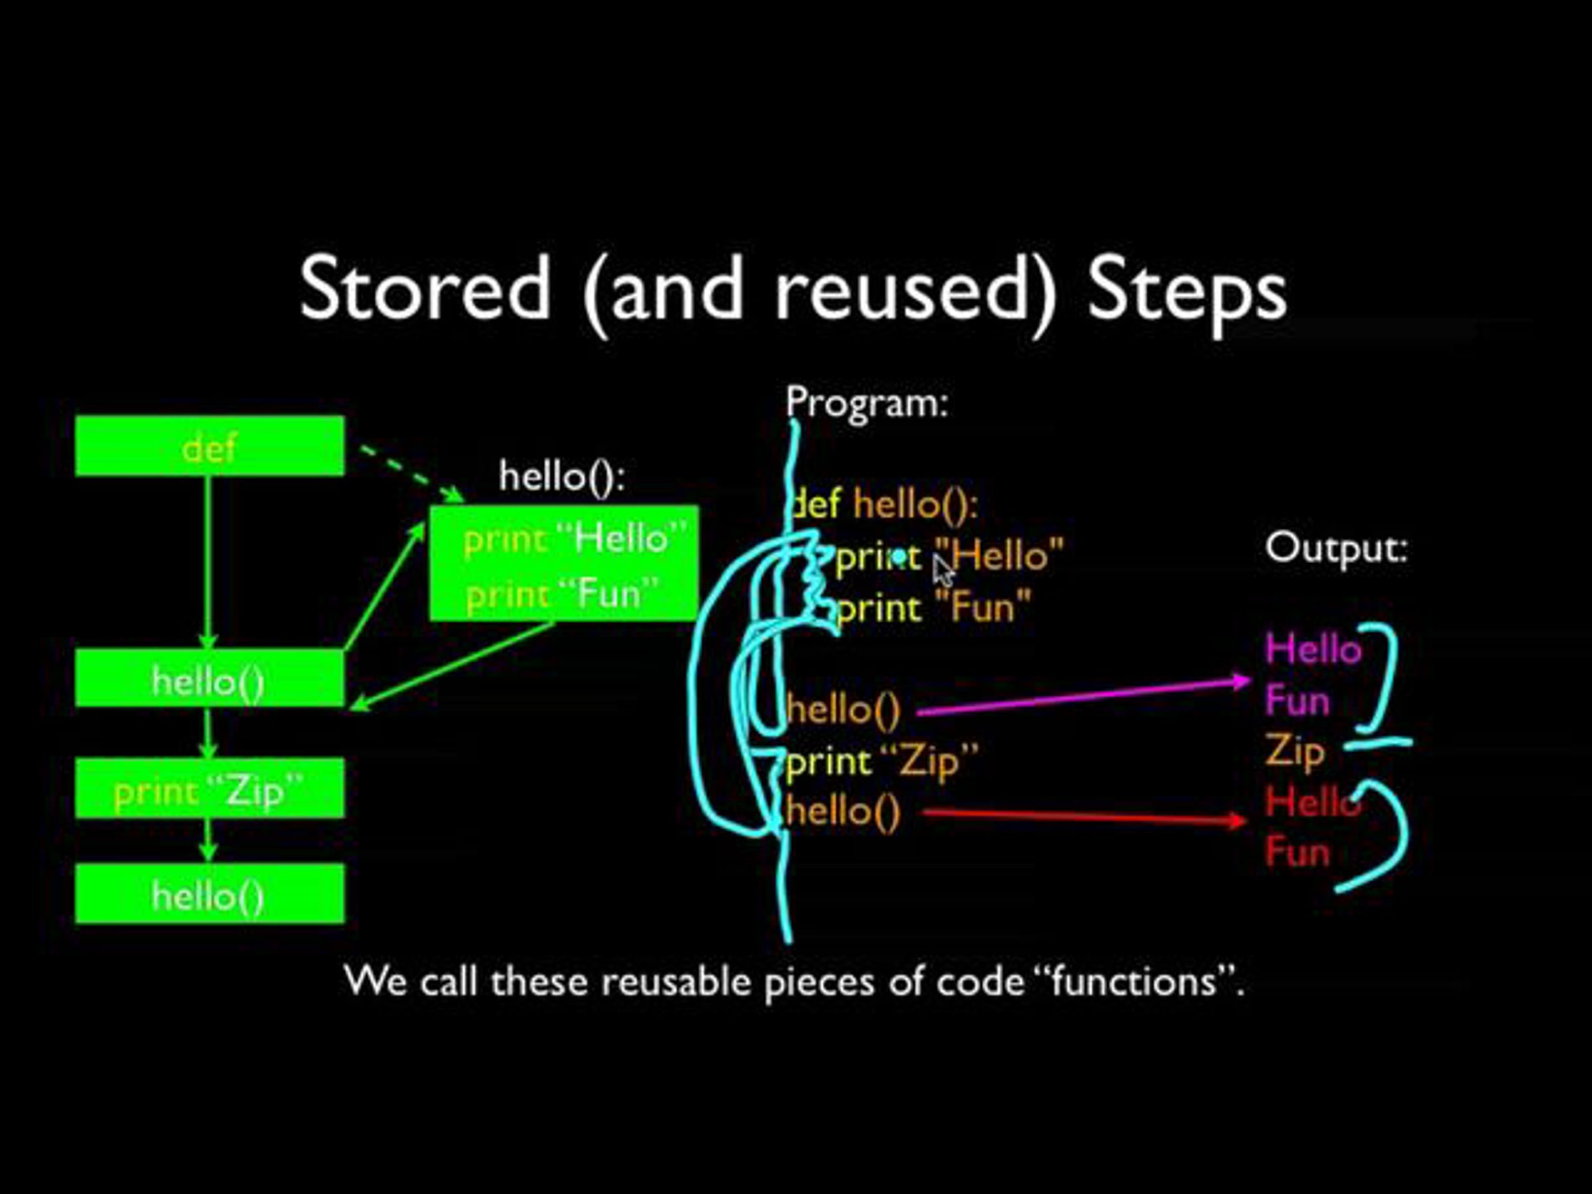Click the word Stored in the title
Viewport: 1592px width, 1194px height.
[x=425, y=289]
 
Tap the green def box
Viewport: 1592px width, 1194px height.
[x=210, y=446]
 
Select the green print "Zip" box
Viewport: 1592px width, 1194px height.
[x=210, y=789]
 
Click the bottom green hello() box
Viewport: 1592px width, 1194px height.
[x=210, y=894]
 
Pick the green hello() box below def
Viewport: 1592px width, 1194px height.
[x=210, y=679]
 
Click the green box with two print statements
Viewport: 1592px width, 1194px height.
[x=564, y=564]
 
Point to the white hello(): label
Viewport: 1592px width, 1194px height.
[x=562, y=476]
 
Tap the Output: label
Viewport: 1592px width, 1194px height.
[x=1336, y=549]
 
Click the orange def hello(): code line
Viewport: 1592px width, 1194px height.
[x=886, y=503]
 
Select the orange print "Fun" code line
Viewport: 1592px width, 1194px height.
[x=934, y=608]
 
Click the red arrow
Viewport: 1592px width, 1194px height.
[x=1079, y=816]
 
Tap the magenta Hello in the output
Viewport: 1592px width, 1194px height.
[x=1313, y=649]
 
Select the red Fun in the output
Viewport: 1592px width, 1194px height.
[x=1297, y=852]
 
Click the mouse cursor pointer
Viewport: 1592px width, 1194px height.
[x=942, y=572]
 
